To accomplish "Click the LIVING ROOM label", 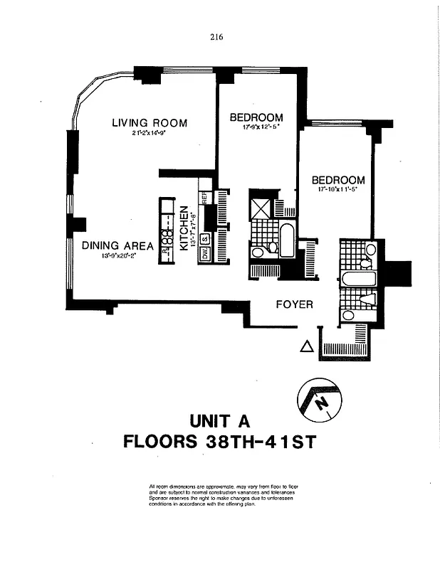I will pyautogui.click(x=150, y=122).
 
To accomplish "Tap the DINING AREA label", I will pyautogui.click(x=118, y=246).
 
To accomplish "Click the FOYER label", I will pyautogui.click(x=294, y=304).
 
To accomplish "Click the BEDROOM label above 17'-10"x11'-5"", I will pyautogui.click(x=338, y=180).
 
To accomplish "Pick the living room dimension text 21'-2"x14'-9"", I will pyautogui.click(x=149, y=134).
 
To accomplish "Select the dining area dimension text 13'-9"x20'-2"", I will pyautogui.click(x=118, y=255).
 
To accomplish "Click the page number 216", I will pyautogui.click(x=218, y=38).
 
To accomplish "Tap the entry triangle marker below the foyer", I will pyautogui.click(x=306, y=347).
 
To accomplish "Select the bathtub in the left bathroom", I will pyautogui.click(x=288, y=240).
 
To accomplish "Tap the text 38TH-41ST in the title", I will pyautogui.click(x=260, y=441).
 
